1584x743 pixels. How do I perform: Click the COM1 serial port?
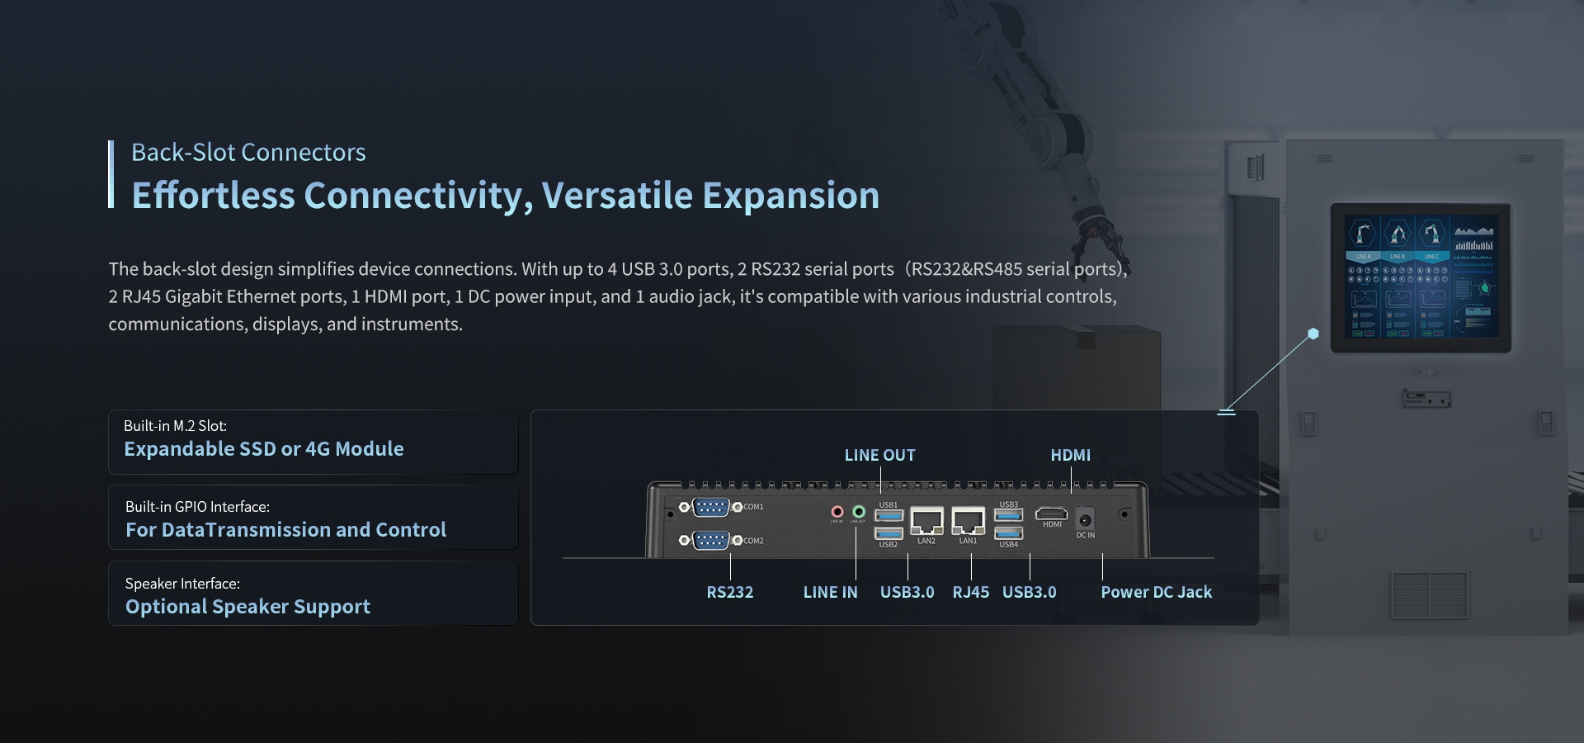coord(710,507)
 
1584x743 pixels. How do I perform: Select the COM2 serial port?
coord(710,540)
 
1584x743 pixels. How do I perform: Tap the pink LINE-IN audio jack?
coord(837,512)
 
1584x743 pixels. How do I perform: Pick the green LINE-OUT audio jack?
coord(859,512)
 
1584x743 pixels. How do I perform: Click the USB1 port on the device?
coord(889,516)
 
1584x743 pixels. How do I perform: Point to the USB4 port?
coord(1008,532)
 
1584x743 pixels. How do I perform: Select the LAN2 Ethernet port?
coord(926,522)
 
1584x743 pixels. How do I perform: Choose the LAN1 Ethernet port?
coord(968,522)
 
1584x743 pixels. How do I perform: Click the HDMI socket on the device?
coord(1052,513)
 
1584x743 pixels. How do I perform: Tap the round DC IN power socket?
coord(1086,519)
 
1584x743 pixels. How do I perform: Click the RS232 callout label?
coord(729,592)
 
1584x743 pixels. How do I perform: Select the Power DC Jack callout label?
coord(1156,592)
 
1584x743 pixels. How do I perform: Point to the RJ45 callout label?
coord(970,592)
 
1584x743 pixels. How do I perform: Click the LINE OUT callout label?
coord(879,455)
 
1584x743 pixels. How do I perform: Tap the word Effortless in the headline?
coord(213,196)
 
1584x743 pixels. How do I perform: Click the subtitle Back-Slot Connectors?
coord(248,153)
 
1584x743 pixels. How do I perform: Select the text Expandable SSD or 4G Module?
coord(264,449)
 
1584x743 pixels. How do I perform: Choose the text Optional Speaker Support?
coord(247,607)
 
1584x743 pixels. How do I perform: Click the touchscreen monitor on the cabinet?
coord(1420,278)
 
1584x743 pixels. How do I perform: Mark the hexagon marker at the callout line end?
coord(1313,334)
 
